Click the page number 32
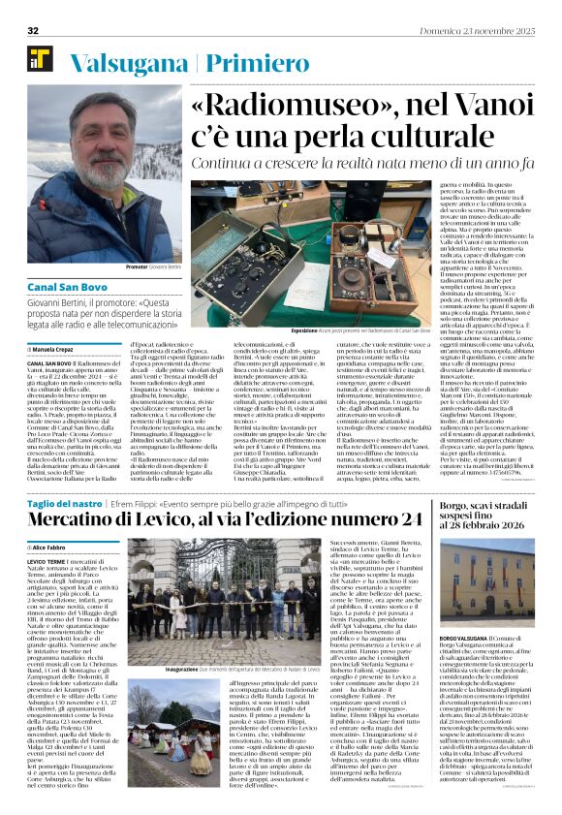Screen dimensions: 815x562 pyautogui.click(x=32, y=31)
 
